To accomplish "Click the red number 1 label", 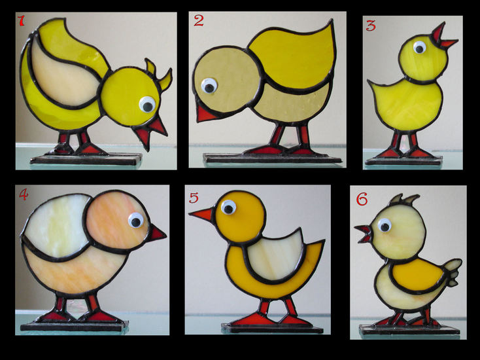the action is [x=21, y=20].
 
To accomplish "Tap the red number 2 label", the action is [x=198, y=20].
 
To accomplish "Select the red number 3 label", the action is [x=371, y=26].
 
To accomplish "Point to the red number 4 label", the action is [x=24, y=194].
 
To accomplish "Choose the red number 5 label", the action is [x=194, y=198].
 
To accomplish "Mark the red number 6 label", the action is [x=362, y=200].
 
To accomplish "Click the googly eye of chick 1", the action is [x=147, y=105].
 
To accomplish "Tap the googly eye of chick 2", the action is [x=209, y=86].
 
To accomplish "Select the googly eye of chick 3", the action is [x=419, y=48].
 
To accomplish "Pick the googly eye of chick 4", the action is [x=136, y=221].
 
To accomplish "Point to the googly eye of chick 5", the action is [x=228, y=207].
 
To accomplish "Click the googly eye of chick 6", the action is [x=385, y=225].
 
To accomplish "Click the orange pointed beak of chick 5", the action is [x=201, y=213].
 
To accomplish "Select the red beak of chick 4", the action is [x=157, y=233].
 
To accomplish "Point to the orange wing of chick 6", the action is [x=417, y=275].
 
